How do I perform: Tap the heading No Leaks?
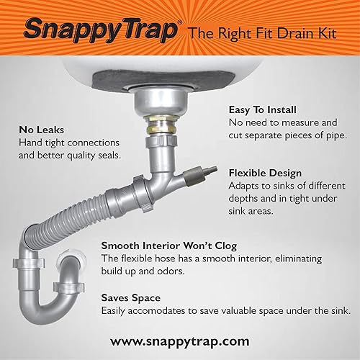click(42, 130)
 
